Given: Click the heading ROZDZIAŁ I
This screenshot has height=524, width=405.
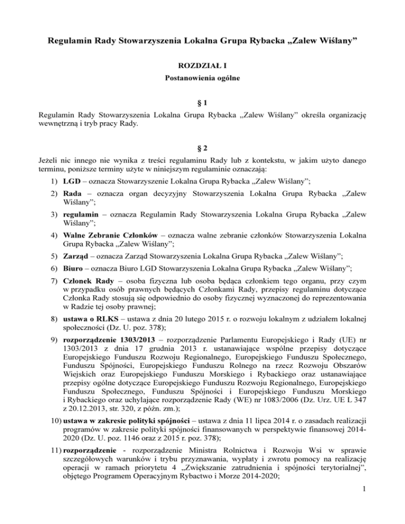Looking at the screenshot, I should coord(202,66).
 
